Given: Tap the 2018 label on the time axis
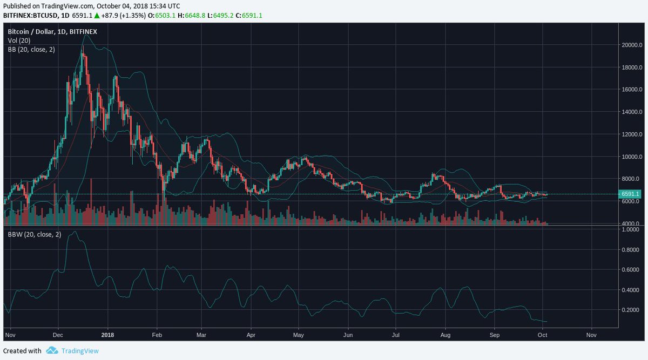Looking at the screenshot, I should (107, 335).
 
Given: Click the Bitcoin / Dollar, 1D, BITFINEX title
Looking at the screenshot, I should (52, 32).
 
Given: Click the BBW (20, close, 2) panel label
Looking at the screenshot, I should (34, 235).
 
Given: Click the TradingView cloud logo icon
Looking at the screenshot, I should (52, 351).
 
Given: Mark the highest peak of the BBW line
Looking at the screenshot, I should (74, 232).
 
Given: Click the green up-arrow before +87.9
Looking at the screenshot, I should (97, 16).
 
